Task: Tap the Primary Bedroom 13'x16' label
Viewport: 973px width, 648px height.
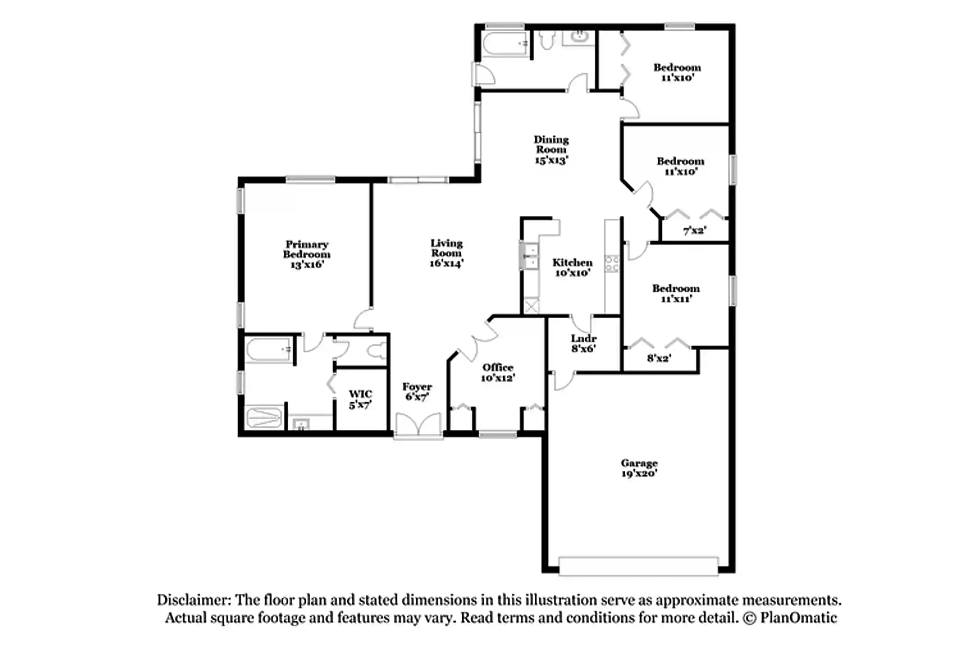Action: tap(306, 254)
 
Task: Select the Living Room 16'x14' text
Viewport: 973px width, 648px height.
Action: tap(446, 253)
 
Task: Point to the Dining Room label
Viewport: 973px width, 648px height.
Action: tap(551, 149)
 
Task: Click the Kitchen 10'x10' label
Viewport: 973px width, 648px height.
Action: tap(572, 267)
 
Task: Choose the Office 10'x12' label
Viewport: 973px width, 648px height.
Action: tap(497, 373)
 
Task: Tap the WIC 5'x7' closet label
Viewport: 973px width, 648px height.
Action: tap(360, 399)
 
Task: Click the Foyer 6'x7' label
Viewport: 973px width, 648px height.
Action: tap(417, 391)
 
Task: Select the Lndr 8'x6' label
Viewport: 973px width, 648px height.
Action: tap(583, 343)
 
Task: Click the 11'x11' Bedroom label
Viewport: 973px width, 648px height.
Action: tap(676, 293)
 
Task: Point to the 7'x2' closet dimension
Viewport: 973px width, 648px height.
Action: tap(694, 231)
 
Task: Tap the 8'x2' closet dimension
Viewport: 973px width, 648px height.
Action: tap(659, 358)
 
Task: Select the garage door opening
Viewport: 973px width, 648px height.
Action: tap(638, 566)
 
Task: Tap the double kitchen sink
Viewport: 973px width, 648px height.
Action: tap(529, 256)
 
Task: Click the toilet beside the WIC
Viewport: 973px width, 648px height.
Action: tap(376, 351)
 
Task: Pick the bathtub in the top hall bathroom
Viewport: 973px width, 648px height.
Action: tap(505, 45)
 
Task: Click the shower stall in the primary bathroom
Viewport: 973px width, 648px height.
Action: tap(264, 418)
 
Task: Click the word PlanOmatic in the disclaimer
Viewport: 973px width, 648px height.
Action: tap(798, 618)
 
